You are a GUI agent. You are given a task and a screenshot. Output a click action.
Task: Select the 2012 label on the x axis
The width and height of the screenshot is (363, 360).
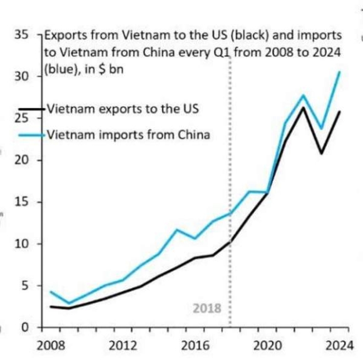pos(123,345)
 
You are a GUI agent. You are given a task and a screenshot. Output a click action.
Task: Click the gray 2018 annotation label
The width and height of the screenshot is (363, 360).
pos(207,309)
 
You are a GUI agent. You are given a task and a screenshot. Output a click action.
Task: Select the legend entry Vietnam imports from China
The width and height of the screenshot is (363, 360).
pos(127,133)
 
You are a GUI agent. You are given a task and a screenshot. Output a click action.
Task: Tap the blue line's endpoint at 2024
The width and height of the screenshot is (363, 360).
pos(339,72)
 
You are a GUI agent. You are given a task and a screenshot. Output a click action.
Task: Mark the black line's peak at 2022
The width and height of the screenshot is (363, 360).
pos(304,108)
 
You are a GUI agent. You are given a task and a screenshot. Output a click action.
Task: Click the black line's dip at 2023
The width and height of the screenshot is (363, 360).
pos(321,153)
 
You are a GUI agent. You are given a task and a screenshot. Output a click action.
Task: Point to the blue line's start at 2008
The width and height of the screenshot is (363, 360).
pos(51,292)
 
